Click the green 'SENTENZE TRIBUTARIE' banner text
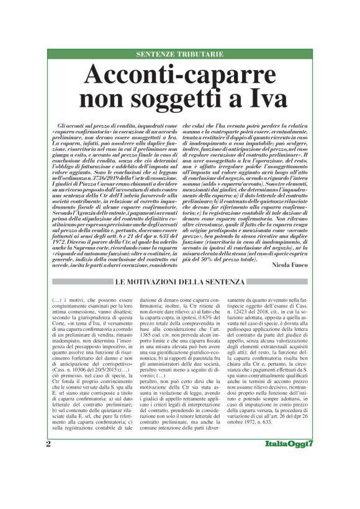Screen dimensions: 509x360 pyautogui.click(x=180, y=55)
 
